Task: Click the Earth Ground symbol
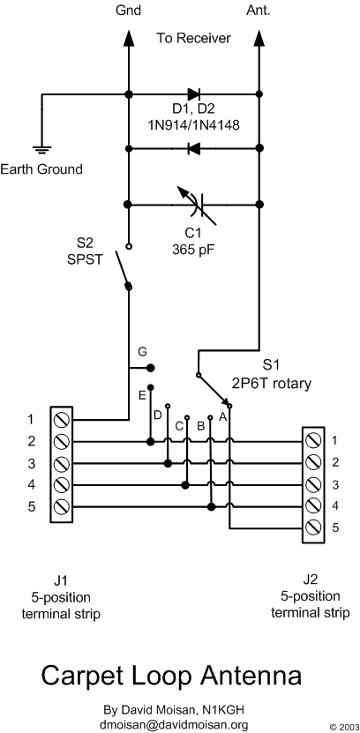tap(42, 150)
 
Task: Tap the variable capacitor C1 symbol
tap(197, 206)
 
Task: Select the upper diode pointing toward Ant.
tap(193, 94)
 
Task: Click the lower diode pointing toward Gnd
tap(193, 149)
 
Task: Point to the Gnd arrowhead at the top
tap(128, 37)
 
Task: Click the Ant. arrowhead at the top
tap(259, 37)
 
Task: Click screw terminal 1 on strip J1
tap(62, 419)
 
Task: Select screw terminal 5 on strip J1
tap(62, 506)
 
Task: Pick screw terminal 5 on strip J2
tap(312, 527)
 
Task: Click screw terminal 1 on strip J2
tap(312, 440)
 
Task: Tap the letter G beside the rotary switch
tap(143, 350)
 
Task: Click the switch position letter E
tap(142, 395)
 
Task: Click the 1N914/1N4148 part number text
tap(194, 126)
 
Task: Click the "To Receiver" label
tap(193, 38)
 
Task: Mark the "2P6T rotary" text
tap(271, 384)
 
